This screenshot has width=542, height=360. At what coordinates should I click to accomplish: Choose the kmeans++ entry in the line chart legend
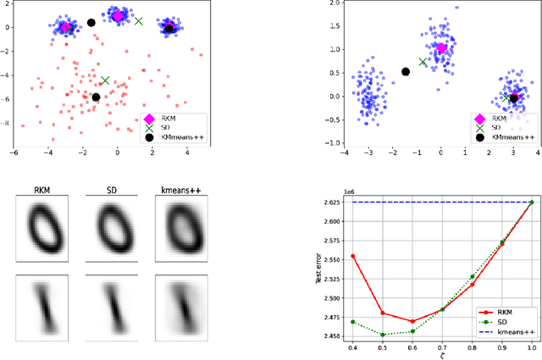tap(505, 330)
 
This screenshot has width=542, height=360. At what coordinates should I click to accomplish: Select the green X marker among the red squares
tap(105, 80)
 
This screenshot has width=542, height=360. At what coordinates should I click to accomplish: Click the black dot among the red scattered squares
tap(96, 97)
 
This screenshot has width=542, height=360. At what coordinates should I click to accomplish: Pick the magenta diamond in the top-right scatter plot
tap(440, 48)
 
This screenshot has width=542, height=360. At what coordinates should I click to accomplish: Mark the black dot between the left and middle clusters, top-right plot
tap(406, 72)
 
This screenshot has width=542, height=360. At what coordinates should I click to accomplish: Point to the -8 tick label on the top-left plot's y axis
tap(7, 124)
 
